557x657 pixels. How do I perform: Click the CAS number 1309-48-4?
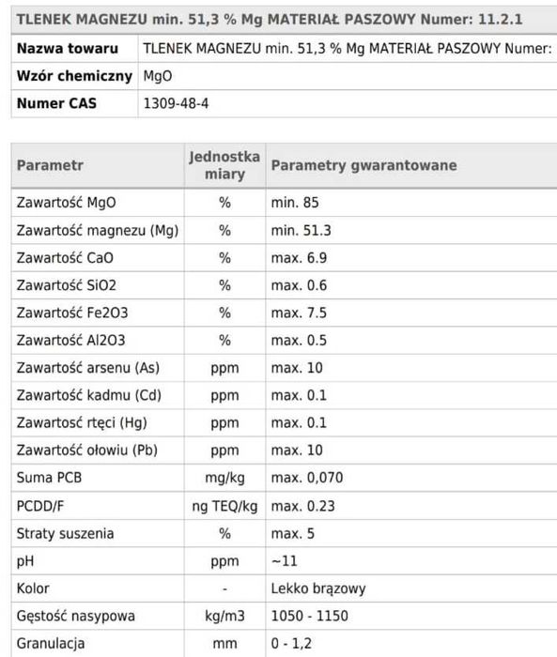click(175, 103)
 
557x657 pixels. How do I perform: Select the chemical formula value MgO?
click(157, 75)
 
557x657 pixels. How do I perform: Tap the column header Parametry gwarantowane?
click(364, 165)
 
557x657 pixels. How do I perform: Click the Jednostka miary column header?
click(224, 165)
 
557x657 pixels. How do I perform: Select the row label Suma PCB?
click(50, 478)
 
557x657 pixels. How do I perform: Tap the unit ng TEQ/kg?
click(224, 506)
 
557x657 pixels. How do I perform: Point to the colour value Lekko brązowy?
click(317, 588)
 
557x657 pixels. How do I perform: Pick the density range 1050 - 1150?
click(309, 617)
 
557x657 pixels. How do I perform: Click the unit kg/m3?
click(224, 617)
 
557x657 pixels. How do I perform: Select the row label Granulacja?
click(51, 644)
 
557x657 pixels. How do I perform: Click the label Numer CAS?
click(56, 103)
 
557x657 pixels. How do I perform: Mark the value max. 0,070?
click(307, 478)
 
